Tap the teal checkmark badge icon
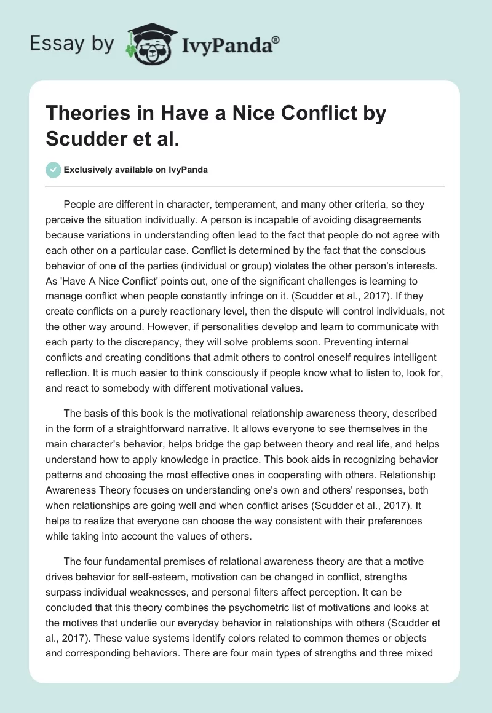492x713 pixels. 54,170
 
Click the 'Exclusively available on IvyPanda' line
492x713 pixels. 135,170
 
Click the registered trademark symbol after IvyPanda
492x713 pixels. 277,39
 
